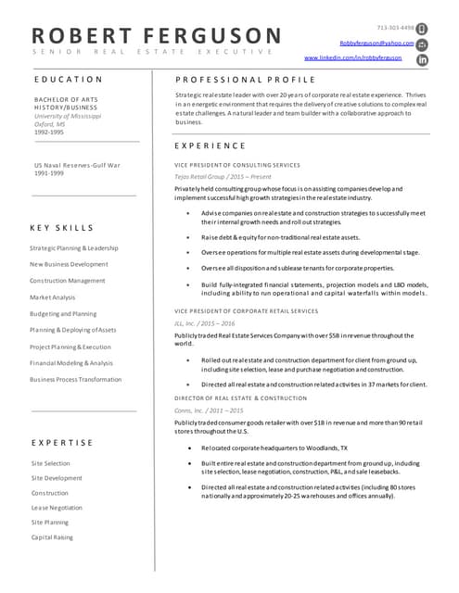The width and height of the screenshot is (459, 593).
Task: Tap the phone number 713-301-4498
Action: coord(396,28)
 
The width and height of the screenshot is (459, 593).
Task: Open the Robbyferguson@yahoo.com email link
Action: coord(376,43)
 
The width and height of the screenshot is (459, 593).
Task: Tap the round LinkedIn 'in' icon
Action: coord(423,59)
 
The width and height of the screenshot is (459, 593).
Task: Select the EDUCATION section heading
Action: coord(67,80)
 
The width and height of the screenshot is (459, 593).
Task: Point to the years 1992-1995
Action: coord(49,132)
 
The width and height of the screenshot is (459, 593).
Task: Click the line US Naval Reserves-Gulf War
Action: coord(78,164)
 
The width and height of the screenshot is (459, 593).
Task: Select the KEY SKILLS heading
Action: coord(62,227)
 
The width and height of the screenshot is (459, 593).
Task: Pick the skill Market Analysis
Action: coord(53,297)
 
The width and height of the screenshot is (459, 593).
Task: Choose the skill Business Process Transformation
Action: coord(76,379)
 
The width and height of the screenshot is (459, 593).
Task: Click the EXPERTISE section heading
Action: coord(62,443)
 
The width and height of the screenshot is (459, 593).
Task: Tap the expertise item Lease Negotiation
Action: coord(57,508)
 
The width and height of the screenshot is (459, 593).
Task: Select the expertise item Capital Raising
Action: coord(52,537)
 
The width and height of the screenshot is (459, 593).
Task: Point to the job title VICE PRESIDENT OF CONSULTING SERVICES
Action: coord(237,165)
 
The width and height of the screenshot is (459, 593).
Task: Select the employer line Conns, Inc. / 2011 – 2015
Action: coord(210,410)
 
